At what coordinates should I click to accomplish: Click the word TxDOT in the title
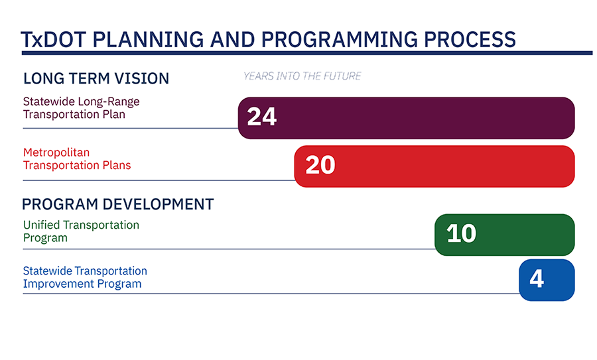pyautogui.click(x=52, y=40)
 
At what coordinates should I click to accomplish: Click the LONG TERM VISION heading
pyautogui.click(x=96, y=79)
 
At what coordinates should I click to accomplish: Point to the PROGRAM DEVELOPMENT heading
pyautogui.click(x=118, y=204)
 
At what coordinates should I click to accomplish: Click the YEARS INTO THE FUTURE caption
pyautogui.click(x=302, y=76)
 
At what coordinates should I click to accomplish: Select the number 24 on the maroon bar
pyautogui.click(x=261, y=117)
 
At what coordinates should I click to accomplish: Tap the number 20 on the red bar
pyautogui.click(x=320, y=165)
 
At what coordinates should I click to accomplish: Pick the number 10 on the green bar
pyautogui.click(x=461, y=234)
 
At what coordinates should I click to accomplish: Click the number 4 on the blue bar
pyautogui.click(x=536, y=279)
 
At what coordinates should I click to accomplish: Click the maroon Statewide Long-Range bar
pyautogui.click(x=425, y=118)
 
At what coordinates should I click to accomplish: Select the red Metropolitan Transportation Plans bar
pyautogui.click(x=451, y=166)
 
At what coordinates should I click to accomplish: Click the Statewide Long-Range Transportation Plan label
pyautogui.click(x=81, y=108)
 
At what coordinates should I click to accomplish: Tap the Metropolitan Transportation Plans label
pyautogui.click(x=77, y=159)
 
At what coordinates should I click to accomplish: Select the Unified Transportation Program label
pyautogui.click(x=81, y=231)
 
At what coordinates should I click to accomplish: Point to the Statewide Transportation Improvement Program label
pyautogui.click(x=85, y=277)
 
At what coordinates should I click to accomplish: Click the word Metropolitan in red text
pyautogui.click(x=56, y=152)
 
